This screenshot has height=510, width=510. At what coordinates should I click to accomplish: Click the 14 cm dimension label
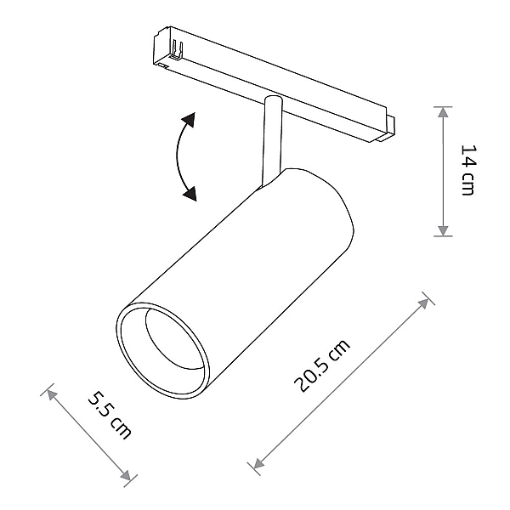tap(468, 170)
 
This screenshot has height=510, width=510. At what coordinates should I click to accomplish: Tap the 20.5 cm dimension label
tap(322, 365)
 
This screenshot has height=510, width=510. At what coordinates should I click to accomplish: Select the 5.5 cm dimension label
tap(110, 416)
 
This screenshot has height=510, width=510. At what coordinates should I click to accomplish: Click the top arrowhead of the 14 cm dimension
tap(443, 112)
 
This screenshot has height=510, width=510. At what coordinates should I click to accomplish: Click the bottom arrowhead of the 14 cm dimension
tap(443, 230)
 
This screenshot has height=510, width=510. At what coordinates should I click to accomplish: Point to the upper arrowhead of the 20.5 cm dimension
tap(423, 303)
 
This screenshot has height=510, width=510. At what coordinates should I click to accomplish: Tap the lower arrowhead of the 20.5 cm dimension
tap(258, 463)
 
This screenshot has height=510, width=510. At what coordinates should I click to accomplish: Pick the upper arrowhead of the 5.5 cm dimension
tap(52, 395)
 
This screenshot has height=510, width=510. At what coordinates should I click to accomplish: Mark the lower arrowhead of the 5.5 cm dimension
tap(125, 475)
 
